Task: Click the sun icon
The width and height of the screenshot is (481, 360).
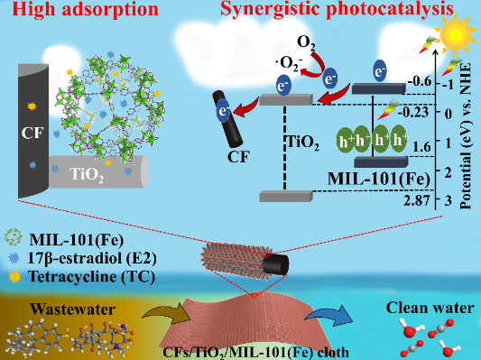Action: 456,34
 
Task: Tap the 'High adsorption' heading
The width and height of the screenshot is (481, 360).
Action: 86,9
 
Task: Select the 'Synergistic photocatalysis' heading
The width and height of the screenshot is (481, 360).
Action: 337,9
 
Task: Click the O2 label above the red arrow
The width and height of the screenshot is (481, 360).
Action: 306,42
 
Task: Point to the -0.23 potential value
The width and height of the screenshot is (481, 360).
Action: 413,113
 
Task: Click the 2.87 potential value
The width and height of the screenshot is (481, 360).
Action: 417,201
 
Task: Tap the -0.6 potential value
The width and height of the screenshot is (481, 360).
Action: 420,82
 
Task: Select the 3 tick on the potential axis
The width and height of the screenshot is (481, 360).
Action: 449,200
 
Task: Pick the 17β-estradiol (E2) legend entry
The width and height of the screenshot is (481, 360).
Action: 92,258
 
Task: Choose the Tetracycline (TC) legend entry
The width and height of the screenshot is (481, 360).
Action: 91,277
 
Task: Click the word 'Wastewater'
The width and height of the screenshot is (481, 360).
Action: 73,309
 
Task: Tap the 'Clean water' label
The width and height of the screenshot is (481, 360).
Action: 430,308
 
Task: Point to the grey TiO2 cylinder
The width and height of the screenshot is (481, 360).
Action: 98,171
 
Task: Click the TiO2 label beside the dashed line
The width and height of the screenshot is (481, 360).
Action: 303,143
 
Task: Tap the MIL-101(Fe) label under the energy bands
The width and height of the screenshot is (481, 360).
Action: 378,179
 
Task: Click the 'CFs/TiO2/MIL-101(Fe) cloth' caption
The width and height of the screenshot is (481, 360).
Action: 255,352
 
